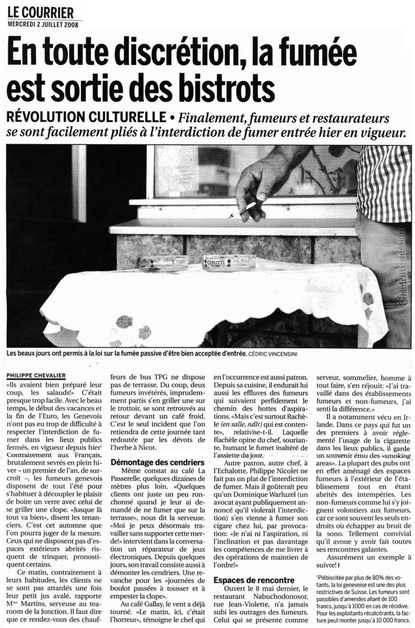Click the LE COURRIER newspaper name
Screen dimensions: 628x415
point(41,12)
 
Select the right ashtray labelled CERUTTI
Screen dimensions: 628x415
point(229,261)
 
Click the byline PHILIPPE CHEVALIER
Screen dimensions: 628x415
point(36,375)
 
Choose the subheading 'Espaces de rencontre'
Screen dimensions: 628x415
point(254,580)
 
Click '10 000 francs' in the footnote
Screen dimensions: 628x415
point(384,620)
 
